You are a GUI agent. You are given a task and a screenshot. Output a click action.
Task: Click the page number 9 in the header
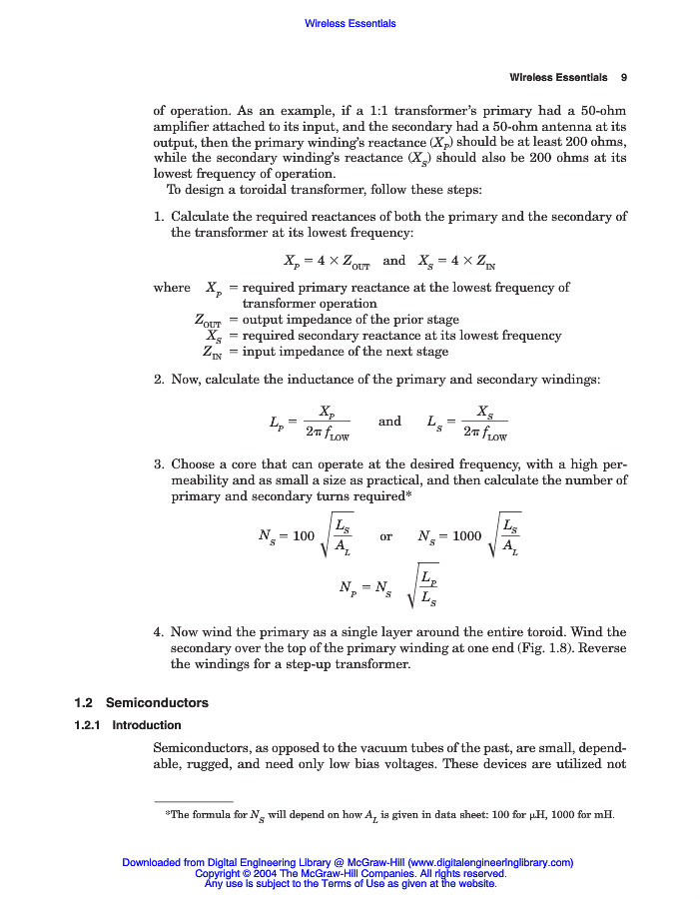pyautogui.click(x=623, y=77)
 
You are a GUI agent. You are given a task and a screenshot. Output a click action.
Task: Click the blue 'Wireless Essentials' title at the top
pyautogui.click(x=350, y=23)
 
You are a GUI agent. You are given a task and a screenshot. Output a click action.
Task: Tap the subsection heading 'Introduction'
pyautogui.click(x=146, y=725)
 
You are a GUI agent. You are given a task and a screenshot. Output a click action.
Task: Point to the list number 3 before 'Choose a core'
pyautogui.click(x=158, y=464)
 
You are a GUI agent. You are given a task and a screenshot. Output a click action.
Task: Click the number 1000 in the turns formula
pyautogui.click(x=466, y=536)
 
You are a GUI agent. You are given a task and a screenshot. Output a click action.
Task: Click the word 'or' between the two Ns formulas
pyautogui.click(x=386, y=536)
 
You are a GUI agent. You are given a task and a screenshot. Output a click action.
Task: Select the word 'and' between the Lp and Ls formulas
pyautogui.click(x=389, y=422)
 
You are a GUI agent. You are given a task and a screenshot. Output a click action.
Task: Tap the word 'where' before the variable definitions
pyautogui.click(x=171, y=288)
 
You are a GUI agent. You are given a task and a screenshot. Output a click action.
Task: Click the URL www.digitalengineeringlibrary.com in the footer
pyautogui.click(x=489, y=862)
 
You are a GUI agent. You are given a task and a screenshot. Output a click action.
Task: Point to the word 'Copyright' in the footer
pyautogui.click(x=219, y=873)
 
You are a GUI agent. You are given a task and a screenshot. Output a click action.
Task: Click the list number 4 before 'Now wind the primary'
pyautogui.click(x=158, y=632)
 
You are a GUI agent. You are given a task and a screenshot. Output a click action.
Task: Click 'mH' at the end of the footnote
pyautogui.click(x=604, y=814)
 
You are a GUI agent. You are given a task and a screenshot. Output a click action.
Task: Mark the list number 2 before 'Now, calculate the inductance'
pyautogui.click(x=158, y=380)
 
